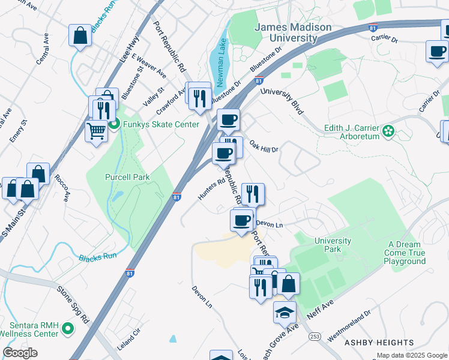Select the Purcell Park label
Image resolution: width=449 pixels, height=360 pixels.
coord(127,177)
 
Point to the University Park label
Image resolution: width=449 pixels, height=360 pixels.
coord(333,245)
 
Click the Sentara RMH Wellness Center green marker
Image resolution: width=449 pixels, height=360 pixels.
coord(67,328)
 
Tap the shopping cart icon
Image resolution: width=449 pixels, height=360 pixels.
coord(96,130)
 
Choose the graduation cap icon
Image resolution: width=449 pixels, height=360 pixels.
coord(285,311)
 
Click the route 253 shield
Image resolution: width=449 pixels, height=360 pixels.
coord(315,337)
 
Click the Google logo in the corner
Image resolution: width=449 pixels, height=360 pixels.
coord(20,352)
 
